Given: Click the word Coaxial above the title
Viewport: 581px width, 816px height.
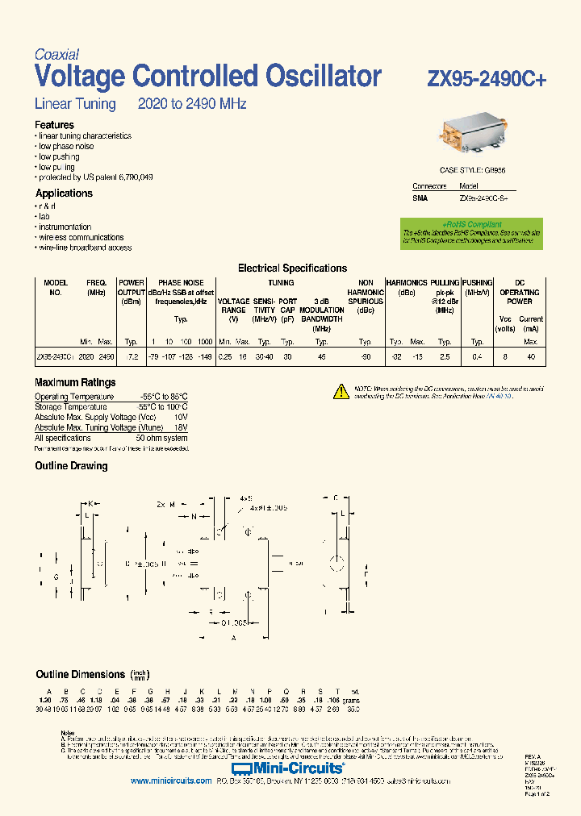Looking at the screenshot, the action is tap(56, 55).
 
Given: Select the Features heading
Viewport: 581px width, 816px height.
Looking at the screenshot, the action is tap(54, 125).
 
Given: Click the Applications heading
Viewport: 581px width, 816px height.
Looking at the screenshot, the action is tap(64, 194).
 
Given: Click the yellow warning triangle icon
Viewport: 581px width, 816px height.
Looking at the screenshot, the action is tap(341, 392).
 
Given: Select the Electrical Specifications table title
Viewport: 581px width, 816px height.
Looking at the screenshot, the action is tap(292, 269).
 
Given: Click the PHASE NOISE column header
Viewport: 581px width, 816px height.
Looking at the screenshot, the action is tap(181, 283).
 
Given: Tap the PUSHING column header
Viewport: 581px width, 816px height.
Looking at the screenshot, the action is tap(478, 283).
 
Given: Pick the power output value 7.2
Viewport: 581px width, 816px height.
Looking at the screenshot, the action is tap(133, 356).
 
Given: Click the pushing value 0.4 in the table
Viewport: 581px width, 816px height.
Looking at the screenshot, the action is tap(477, 356).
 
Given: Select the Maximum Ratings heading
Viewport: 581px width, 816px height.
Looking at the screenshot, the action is tap(75, 383).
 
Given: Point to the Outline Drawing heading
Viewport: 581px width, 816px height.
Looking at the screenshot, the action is tap(71, 466).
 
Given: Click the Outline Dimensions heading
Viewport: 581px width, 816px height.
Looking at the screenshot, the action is tap(80, 674).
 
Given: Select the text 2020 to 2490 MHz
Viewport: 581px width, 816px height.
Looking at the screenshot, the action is tap(192, 104).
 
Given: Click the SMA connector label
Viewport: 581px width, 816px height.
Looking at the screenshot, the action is tap(420, 198).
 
